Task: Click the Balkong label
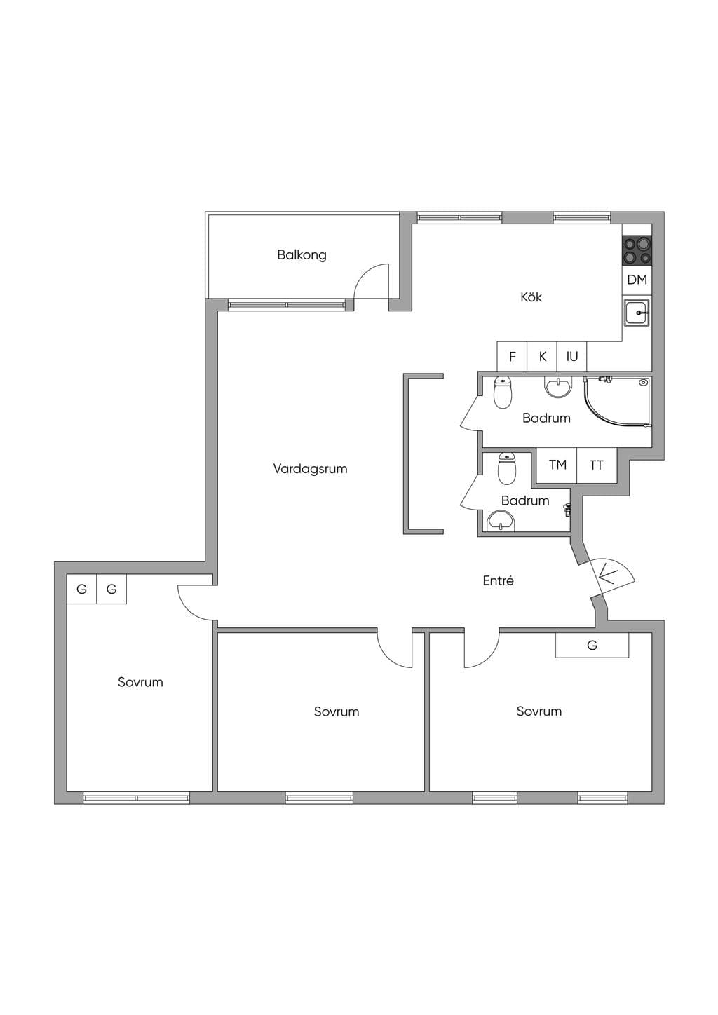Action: pyautogui.click(x=302, y=255)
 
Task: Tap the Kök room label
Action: pyautogui.click(x=531, y=297)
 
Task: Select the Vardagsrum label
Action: pyautogui.click(x=310, y=468)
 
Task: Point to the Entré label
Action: pyautogui.click(x=498, y=581)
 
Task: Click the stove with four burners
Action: pyautogui.click(x=637, y=251)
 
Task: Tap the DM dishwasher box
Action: pyautogui.click(x=637, y=280)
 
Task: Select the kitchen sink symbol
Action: pyautogui.click(x=637, y=313)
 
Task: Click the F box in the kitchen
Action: pyautogui.click(x=513, y=357)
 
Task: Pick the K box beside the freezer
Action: pyautogui.click(x=542, y=357)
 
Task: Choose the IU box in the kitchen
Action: pyautogui.click(x=572, y=357)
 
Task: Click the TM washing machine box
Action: pyautogui.click(x=557, y=465)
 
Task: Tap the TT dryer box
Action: pyautogui.click(x=597, y=465)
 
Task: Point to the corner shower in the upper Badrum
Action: pyautogui.click(x=618, y=402)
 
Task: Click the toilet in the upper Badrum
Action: pyautogui.click(x=502, y=393)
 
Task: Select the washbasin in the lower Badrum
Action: pyautogui.click(x=501, y=520)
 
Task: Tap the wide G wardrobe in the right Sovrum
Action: pyautogui.click(x=592, y=645)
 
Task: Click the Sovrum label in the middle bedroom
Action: pyautogui.click(x=337, y=712)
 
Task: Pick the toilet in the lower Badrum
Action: pyautogui.click(x=507, y=469)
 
